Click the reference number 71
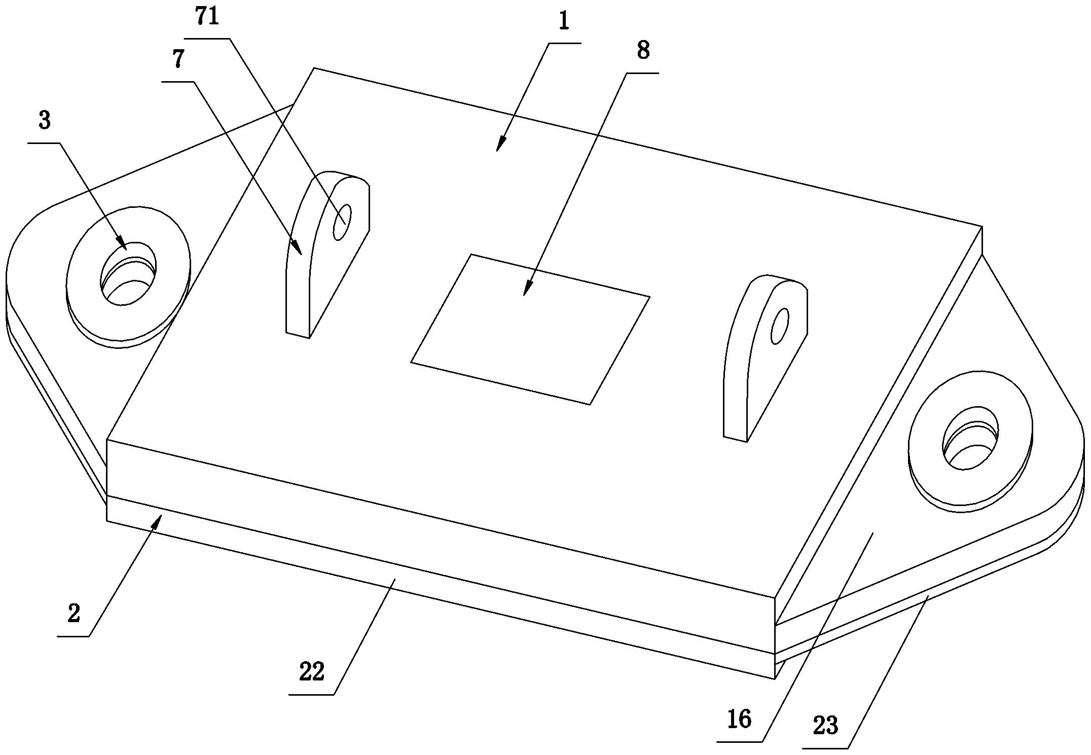coord(207,17)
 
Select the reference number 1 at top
coord(564,22)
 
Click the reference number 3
coord(45,121)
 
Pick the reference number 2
coord(74,614)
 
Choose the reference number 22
coord(311,672)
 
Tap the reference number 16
coord(739,719)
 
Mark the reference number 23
coord(826,726)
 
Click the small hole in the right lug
coord(780,326)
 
